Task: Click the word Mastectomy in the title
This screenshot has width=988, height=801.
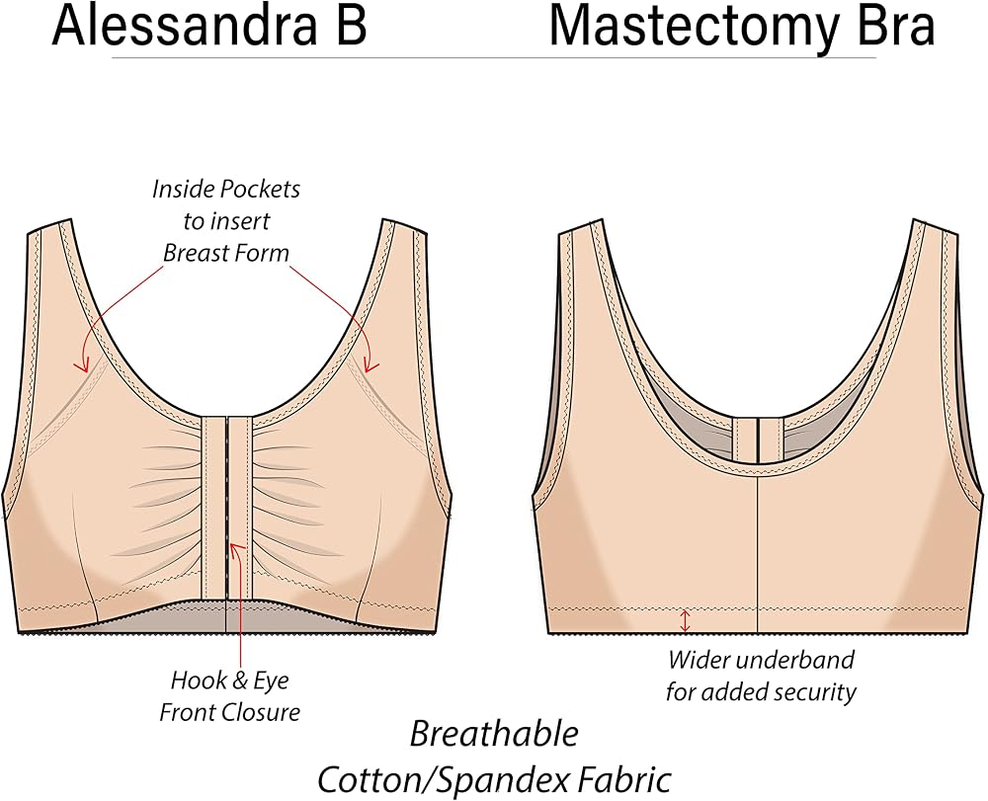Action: pos(695,30)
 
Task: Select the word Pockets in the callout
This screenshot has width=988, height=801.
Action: pos(262,189)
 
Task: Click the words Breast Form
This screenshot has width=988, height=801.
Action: pos(226,253)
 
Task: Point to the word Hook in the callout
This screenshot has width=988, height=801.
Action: pos(192,681)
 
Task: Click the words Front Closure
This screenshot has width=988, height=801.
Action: pos(230,713)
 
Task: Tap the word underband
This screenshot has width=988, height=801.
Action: pos(796,660)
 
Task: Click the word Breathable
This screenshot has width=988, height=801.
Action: pos(494,734)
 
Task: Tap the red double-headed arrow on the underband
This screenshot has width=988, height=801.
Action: pos(686,620)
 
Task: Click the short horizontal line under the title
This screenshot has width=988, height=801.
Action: pos(494,58)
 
